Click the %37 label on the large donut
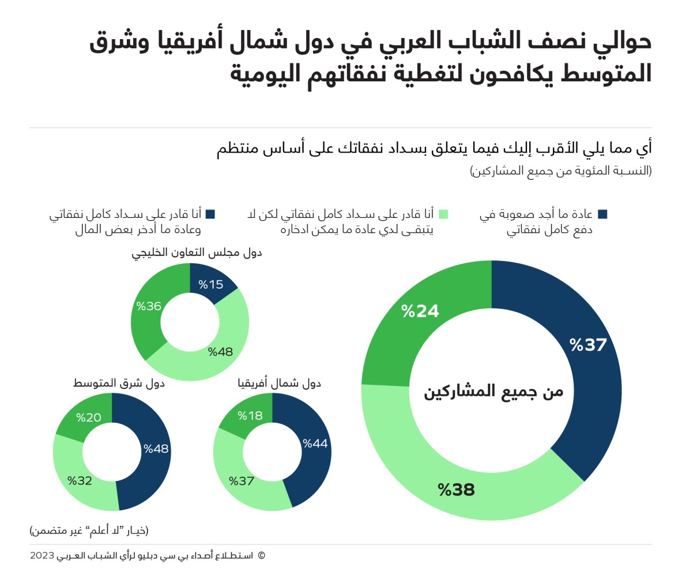coord(589,345)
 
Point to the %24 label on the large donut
coord(420,311)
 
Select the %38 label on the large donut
coord(456,490)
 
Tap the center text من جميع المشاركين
coord(493,392)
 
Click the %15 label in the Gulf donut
coord(210,285)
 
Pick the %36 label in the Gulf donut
coord(149,306)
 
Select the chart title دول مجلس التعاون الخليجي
coord(197,252)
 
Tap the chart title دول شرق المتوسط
coord(119,383)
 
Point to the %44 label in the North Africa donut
coord(315,444)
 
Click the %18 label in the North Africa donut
coord(250,416)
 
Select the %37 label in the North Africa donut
coord(242,480)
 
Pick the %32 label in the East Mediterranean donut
coord(80,480)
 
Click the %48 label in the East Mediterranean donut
coord(156,449)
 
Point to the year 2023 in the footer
coord(42,556)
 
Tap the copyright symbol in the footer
coord(261,556)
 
